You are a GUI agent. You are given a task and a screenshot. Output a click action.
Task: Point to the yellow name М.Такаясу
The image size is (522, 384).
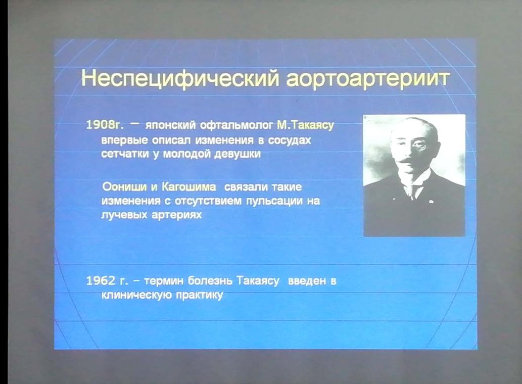pyautogui.click(x=305, y=125)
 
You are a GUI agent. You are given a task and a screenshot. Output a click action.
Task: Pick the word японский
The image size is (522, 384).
pyautogui.click(x=170, y=125)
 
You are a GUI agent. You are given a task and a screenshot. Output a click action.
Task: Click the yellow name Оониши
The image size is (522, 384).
pyautogui.click(x=124, y=186)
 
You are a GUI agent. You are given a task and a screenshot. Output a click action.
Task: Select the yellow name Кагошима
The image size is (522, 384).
pyautogui.click(x=189, y=186)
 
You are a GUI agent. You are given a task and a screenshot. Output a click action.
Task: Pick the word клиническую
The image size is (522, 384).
pyautogui.click(x=136, y=295)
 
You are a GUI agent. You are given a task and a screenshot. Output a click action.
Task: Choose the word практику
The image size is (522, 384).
pyautogui.click(x=200, y=295)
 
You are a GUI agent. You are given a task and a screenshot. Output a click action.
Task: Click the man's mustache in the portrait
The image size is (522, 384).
pyautogui.click(x=408, y=161)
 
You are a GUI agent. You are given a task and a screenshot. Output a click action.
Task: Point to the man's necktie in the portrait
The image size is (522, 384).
pyautogui.click(x=413, y=190)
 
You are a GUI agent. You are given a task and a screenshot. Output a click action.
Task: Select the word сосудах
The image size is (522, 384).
pyautogui.click(x=289, y=140)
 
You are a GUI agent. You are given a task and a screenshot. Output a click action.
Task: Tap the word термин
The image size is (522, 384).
pyautogui.click(x=164, y=281)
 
